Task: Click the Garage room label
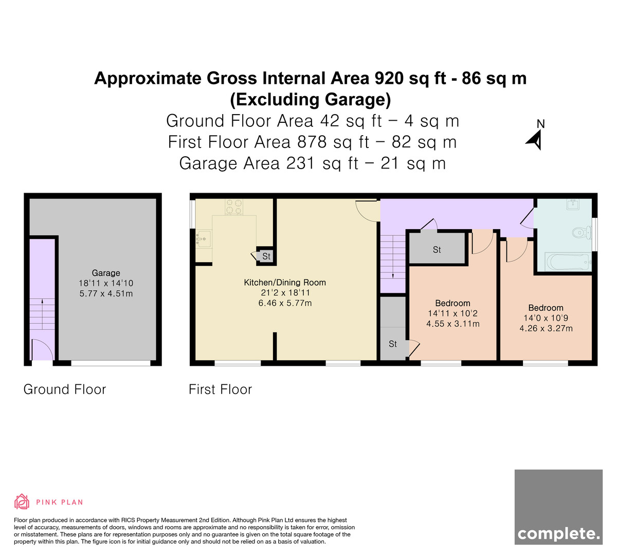(106, 273)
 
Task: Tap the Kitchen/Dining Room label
(285, 282)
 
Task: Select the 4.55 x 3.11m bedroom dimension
(453, 324)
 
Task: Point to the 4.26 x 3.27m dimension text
(546, 328)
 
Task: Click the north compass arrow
(535, 140)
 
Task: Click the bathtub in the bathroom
(568, 262)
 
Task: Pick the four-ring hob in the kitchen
(234, 207)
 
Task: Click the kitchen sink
(203, 239)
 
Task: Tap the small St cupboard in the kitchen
(266, 256)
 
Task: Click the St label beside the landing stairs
(393, 343)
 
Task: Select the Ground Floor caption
(65, 389)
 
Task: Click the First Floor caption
(220, 389)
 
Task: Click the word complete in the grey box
(558, 533)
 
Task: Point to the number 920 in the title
(389, 78)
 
